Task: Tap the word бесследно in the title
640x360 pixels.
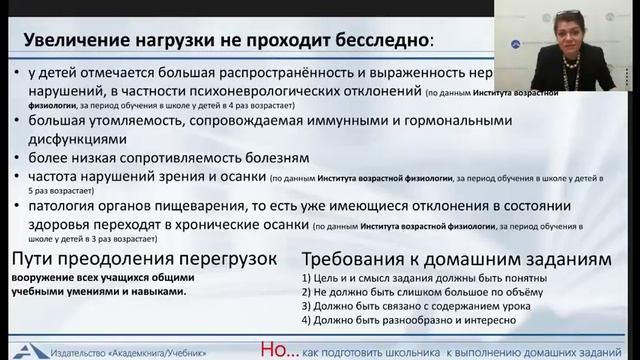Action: coord(380,42)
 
